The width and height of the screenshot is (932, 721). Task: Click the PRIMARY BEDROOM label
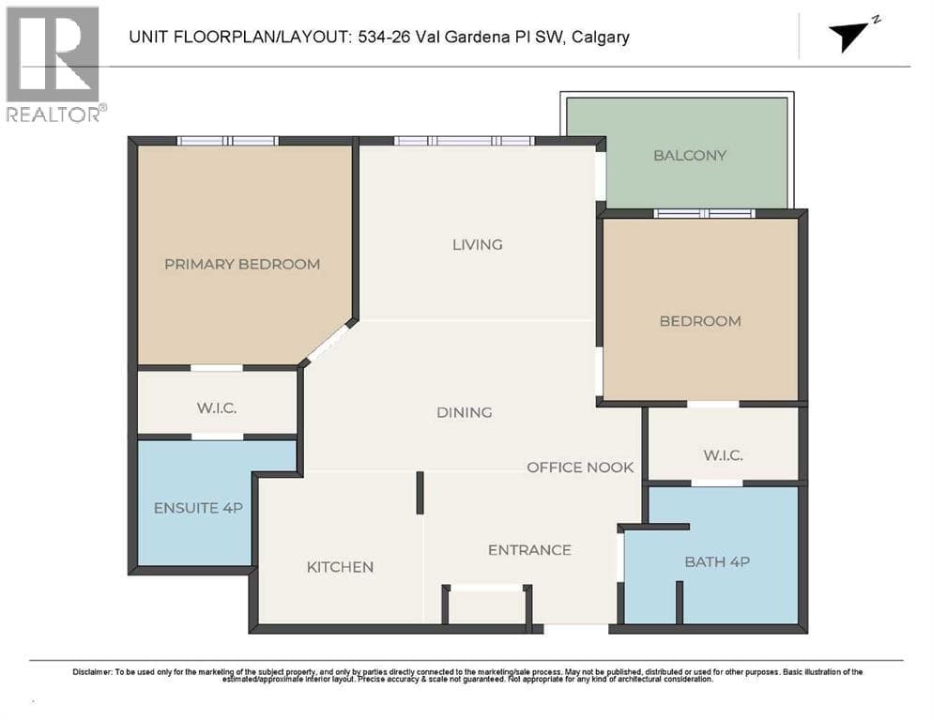(242, 264)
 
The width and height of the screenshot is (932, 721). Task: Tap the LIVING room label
(478, 244)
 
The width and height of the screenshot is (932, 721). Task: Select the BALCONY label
(690, 155)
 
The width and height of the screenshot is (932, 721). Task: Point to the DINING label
(465, 412)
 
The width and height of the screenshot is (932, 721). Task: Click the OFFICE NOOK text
(580, 468)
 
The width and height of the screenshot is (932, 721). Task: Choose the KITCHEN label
(340, 567)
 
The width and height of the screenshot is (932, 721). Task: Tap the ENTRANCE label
(529, 550)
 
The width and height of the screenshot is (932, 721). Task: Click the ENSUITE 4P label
(198, 508)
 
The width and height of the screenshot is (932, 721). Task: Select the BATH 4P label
(717, 561)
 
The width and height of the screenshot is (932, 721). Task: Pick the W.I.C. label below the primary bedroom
(217, 407)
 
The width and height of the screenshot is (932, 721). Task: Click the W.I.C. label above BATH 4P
(723, 455)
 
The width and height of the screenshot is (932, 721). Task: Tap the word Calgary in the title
(601, 37)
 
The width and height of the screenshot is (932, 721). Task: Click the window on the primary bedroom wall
(228, 141)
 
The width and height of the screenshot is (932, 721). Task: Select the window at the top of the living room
(465, 141)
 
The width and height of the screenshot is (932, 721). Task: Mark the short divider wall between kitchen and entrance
(420, 493)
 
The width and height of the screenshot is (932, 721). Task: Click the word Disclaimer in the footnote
(92, 671)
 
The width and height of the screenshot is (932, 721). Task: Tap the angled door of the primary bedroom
(327, 341)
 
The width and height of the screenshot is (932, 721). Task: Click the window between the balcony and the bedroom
(704, 213)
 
